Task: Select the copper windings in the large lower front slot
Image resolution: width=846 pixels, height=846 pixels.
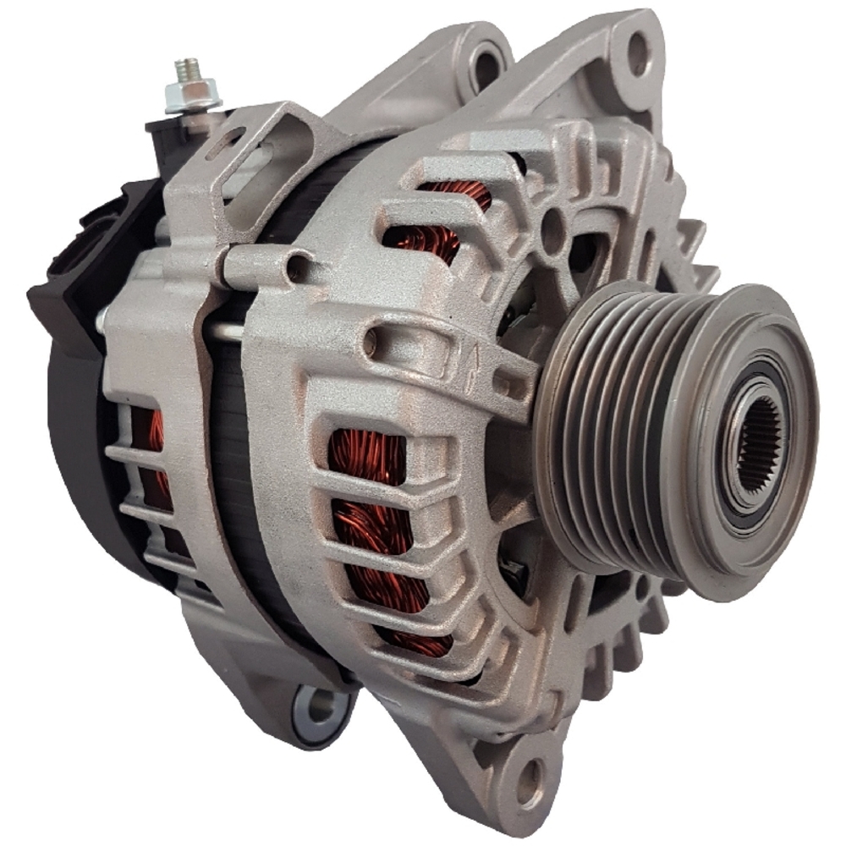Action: (372, 525)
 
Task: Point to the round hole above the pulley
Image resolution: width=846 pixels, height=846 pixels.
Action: (553, 226)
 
